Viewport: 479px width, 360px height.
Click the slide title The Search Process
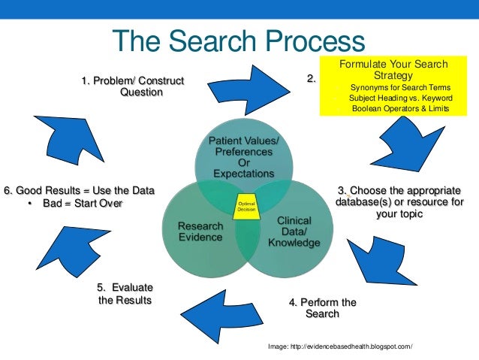click(239, 41)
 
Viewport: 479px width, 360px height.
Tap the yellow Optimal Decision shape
click(246, 207)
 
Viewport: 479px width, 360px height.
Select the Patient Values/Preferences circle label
click(243, 156)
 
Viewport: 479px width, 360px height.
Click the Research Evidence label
click(199, 231)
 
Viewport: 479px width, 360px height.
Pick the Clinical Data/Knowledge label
click(294, 231)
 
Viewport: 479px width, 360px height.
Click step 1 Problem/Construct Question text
click(132, 86)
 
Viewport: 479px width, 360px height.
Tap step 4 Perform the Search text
click(323, 308)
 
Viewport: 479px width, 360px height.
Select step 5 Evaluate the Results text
click(125, 294)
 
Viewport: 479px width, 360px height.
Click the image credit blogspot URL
click(340, 346)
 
